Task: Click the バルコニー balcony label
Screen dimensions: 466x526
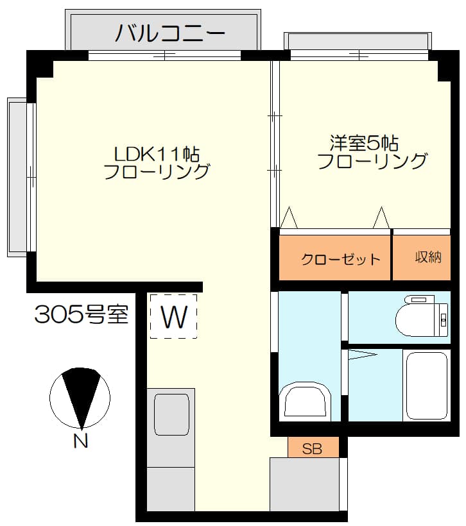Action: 170,33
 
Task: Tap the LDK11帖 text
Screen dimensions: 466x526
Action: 157,155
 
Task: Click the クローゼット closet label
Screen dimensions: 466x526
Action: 340,259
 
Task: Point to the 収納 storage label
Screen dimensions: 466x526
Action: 428,257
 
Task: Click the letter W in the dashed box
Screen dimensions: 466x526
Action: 174,317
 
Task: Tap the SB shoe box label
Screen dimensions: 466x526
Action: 312,448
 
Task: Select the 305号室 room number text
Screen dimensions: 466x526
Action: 82,314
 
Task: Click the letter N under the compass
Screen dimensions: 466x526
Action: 81,441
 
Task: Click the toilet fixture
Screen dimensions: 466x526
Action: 422,316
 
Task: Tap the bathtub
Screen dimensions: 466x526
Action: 427,386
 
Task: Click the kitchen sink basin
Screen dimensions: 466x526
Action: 171,414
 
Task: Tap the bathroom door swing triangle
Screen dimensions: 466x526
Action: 362,354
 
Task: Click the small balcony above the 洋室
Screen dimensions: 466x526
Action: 358,42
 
